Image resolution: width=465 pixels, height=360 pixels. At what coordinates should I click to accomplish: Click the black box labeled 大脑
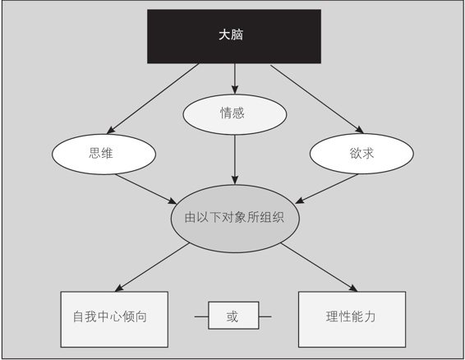pos(234,36)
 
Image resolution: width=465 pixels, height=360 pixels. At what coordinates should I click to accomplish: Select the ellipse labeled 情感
pos(235,114)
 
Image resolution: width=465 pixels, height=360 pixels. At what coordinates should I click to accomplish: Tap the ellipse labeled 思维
pos(104,154)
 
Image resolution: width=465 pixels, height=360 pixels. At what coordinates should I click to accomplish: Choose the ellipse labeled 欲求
pos(361,154)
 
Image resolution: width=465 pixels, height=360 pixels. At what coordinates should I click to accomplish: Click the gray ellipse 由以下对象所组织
pos(235,219)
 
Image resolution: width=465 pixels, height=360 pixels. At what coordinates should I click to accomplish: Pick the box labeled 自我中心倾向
pos(114,320)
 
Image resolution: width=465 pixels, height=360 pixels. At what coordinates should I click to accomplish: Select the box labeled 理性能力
pos(352,320)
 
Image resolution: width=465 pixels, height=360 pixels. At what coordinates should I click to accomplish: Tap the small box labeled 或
pos(233,315)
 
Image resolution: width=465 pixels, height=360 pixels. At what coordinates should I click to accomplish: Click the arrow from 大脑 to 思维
pos(153,99)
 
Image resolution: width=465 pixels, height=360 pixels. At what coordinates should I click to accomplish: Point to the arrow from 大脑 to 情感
pos(235,79)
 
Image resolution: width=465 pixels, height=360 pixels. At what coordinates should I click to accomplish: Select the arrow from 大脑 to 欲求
pos(317,99)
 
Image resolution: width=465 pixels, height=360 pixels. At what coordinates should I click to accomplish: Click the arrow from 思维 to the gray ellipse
pos(146,189)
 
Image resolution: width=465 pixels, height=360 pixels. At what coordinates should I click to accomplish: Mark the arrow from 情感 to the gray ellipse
pos(235,159)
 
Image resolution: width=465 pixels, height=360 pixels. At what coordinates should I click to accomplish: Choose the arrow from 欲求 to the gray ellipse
pos(327,189)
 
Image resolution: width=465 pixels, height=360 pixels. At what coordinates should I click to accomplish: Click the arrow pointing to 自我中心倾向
pos(152,267)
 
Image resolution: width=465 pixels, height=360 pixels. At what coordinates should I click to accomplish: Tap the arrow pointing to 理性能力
pos(319,267)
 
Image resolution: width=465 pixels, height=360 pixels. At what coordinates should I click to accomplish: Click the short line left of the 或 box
pos(201,316)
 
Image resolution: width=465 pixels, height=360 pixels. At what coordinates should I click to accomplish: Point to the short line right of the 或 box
pos(265,316)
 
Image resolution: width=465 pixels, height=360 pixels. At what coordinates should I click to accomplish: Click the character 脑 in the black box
pos(237,35)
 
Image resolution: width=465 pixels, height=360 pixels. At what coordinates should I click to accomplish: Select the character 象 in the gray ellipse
pos(241,218)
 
